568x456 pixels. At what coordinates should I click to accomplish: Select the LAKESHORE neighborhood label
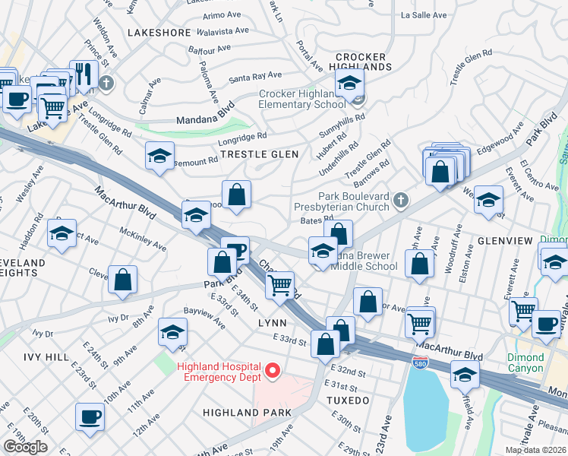click(x=159, y=33)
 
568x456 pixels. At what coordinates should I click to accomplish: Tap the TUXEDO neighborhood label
click(x=348, y=400)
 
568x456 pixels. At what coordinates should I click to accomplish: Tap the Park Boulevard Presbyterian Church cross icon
click(x=402, y=201)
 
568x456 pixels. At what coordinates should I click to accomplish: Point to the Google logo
click(x=25, y=447)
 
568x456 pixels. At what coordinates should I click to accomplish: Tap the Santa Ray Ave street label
click(x=255, y=76)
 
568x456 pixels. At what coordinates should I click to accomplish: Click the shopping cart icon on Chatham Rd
click(x=281, y=285)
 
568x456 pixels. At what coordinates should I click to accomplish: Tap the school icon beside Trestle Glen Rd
click(x=159, y=156)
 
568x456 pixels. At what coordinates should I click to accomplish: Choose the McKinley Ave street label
click(x=143, y=241)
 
